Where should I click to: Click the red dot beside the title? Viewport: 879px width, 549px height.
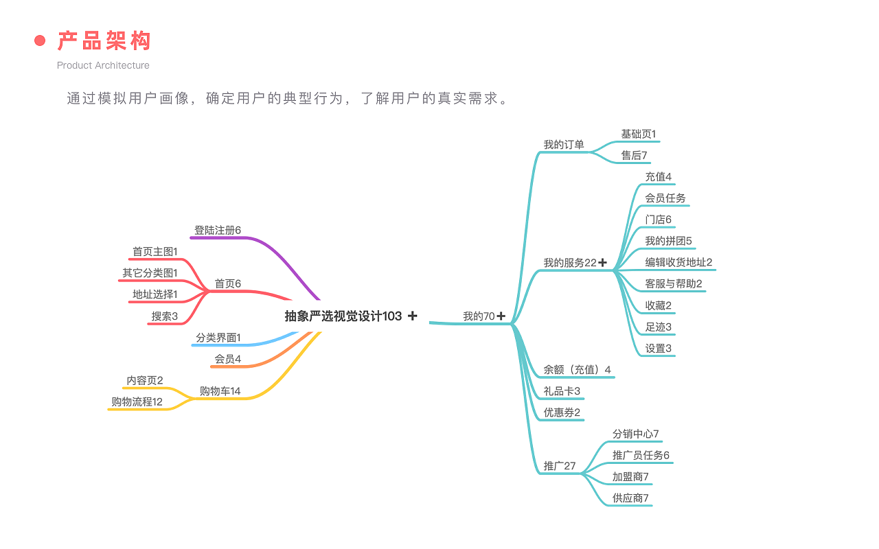[x=40, y=41]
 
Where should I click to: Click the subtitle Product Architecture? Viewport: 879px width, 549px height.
[x=103, y=65]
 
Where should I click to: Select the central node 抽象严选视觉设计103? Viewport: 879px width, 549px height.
[x=343, y=316]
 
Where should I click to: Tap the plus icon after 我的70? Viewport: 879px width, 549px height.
[x=501, y=316]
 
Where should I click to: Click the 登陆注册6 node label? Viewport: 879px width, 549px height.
[x=218, y=231]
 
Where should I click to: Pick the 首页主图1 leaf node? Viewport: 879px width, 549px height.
[x=155, y=252]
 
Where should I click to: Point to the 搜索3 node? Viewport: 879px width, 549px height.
[x=165, y=316]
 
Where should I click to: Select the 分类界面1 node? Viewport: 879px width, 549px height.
[x=218, y=338]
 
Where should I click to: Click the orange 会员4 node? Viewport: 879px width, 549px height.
[x=228, y=359]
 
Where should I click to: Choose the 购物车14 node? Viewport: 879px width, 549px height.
[x=220, y=391]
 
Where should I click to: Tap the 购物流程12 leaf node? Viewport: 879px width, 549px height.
[x=137, y=402]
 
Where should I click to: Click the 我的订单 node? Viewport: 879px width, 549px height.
[x=564, y=145]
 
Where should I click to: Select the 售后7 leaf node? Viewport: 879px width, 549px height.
[x=634, y=156]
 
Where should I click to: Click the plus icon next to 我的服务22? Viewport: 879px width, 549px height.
[x=602, y=263]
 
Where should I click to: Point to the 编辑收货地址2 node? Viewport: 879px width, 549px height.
[x=678, y=262]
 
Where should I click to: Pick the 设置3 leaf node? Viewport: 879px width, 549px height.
[x=659, y=349]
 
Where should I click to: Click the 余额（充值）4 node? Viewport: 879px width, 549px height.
[x=577, y=370]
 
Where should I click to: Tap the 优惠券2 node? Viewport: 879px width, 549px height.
[x=562, y=412]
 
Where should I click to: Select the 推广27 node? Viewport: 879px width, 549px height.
[x=560, y=466]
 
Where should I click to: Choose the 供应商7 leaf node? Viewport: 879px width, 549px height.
[x=630, y=498]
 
